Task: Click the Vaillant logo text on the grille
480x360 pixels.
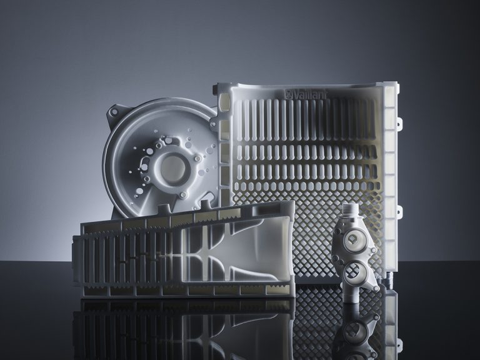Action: (306, 94)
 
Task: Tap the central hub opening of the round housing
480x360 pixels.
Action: (173, 168)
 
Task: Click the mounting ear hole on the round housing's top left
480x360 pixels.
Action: (114, 112)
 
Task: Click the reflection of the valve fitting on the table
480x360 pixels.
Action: (355, 331)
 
